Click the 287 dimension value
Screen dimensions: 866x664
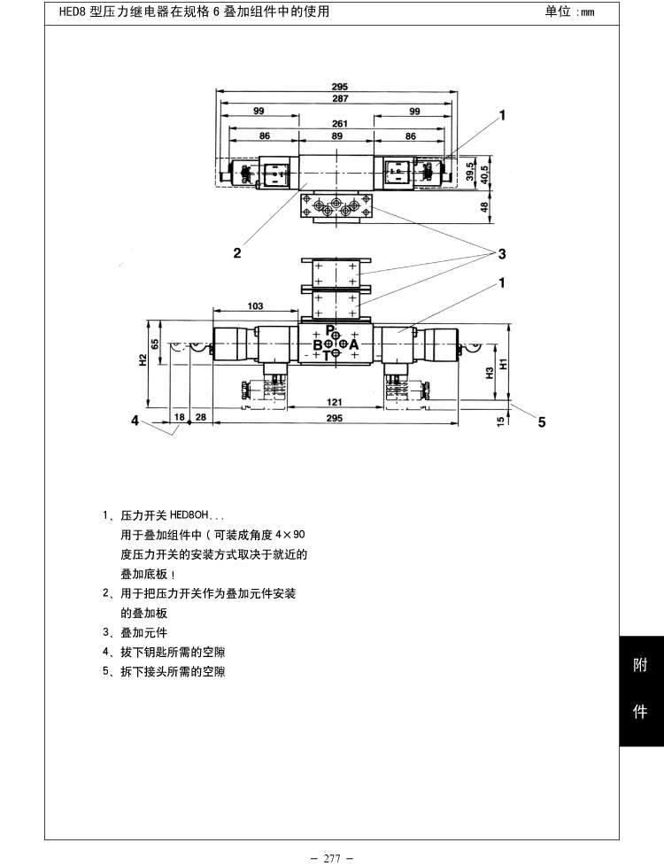point(340,99)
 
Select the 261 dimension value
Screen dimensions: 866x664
point(340,124)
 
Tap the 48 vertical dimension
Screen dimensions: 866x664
point(483,206)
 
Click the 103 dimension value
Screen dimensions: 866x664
point(255,306)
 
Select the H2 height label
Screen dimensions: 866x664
point(143,360)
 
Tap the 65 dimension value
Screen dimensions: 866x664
point(155,344)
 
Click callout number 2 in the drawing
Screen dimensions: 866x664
point(236,252)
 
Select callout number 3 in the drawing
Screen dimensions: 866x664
point(501,255)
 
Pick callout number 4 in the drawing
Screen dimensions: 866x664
point(135,421)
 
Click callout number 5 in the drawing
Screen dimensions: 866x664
point(542,421)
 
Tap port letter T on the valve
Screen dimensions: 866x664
point(326,355)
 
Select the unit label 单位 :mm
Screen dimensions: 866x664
point(570,12)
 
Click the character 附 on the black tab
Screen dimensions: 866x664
point(640,667)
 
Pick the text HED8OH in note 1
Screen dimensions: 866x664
point(187,514)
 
